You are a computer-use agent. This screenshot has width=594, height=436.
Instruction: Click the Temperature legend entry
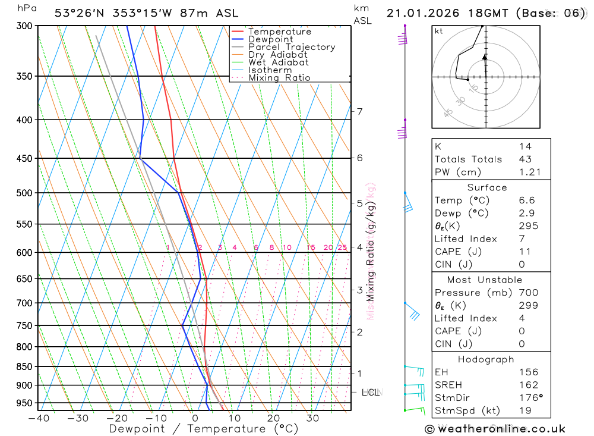click(x=279, y=32)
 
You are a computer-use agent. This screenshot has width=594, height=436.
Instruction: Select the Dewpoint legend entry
click(x=270, y=39)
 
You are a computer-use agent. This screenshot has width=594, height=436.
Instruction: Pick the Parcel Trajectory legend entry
click(x=291, y=47)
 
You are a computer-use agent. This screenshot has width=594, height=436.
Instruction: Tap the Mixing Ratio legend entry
click(x=279, y=78)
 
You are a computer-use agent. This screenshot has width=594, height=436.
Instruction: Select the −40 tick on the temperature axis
click(x=38, y=418)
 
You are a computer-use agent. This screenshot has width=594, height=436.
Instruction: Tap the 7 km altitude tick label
click(x=359, y=111)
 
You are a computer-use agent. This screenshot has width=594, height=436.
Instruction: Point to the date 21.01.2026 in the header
click(x=418, y=13)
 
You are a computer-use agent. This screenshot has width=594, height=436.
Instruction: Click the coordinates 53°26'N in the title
click(x=79, y=13)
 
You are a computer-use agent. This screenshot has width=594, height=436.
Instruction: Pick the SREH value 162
click(x=528, y=385)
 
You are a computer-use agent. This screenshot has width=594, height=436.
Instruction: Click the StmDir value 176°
click(x=529, y=397)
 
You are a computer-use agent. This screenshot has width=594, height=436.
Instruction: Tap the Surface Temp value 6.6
click(x=526, y=200)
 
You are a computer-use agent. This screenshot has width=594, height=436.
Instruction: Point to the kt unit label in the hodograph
click(x=439, y=31)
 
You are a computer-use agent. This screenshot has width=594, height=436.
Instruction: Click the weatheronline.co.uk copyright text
click(x=495, y=429)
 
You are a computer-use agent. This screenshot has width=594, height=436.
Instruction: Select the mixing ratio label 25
click(x=342, y=247)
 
